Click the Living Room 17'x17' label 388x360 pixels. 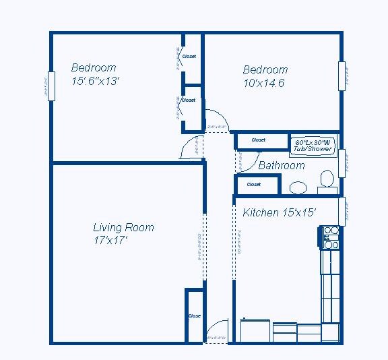click(x=123, y=233)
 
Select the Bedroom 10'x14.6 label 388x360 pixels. click(x=265, y=76)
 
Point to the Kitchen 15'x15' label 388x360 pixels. click(x=279, y=213)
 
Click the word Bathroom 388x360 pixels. click(x=282, y=165)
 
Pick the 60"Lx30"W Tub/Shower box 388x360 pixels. click(x=313, y=146)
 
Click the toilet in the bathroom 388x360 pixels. click(x=327, y=179)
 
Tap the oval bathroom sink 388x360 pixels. click(x=297, y=187)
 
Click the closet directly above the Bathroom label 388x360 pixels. click(x=259, y=140)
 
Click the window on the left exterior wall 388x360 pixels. click(x=49, y=86)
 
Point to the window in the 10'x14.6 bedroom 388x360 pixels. click(x=341, y=76)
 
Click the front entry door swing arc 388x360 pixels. click(x=216, y=327)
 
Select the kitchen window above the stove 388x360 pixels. click(x=342, y=212)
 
